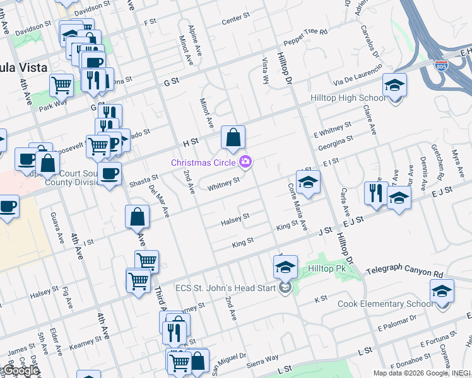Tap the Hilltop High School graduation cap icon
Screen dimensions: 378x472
point(395,84)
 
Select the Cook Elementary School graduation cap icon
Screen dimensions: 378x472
point(442,291)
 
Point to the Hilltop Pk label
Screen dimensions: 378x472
point(327,269)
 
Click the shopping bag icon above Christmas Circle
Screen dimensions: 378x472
point(233,137)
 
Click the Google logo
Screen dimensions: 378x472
point(20,371)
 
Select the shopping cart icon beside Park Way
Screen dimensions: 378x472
point(61,84)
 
